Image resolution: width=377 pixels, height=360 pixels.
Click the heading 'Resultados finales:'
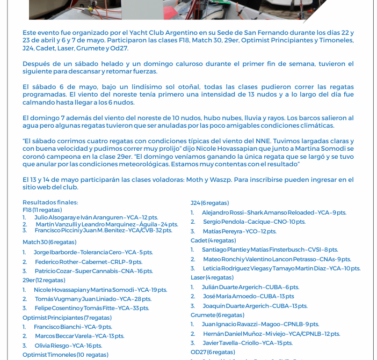pos(50,202)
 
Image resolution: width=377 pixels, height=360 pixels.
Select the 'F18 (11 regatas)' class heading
pos(42,210)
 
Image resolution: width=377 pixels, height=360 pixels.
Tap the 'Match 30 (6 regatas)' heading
pos(49,242)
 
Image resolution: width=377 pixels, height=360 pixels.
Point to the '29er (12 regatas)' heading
pos(44,280)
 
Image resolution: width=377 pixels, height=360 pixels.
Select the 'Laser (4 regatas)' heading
pos(212,277)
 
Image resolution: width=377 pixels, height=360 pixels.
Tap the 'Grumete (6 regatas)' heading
pos(218,315)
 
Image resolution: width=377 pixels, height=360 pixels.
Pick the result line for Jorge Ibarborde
pos(93,252)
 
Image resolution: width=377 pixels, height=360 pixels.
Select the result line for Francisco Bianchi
pos(73,327)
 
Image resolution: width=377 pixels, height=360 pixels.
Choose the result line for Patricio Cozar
pos(93,271)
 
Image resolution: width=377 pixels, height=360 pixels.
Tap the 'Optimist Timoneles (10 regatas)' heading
pos(66,355)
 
